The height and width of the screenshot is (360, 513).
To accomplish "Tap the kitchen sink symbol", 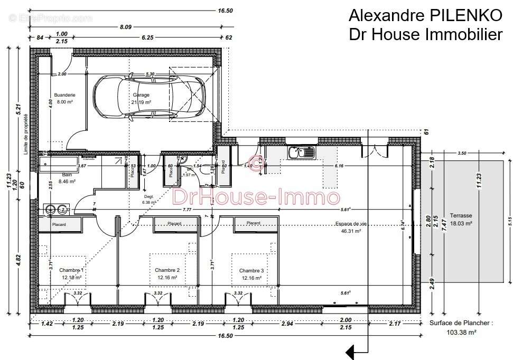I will tap(302, 153).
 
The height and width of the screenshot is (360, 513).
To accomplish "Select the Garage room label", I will tap(141, 95).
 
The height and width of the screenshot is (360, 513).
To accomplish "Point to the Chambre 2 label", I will tap(167, 270).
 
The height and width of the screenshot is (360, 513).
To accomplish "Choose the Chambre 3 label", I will tap(251, 270).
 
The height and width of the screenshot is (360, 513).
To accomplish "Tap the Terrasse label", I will tap(461, 216).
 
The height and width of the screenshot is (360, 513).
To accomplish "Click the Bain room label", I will tap(67, 174).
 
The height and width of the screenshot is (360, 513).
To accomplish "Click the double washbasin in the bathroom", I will tap(56, 209).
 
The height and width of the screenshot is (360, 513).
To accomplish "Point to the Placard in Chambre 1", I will tap(59, 225).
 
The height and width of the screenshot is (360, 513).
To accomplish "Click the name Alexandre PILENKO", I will tap(425, 15).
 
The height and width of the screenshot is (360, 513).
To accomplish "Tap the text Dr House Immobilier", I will tap(425, 34).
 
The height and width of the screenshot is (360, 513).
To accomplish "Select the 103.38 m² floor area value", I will tap(461, 333).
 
